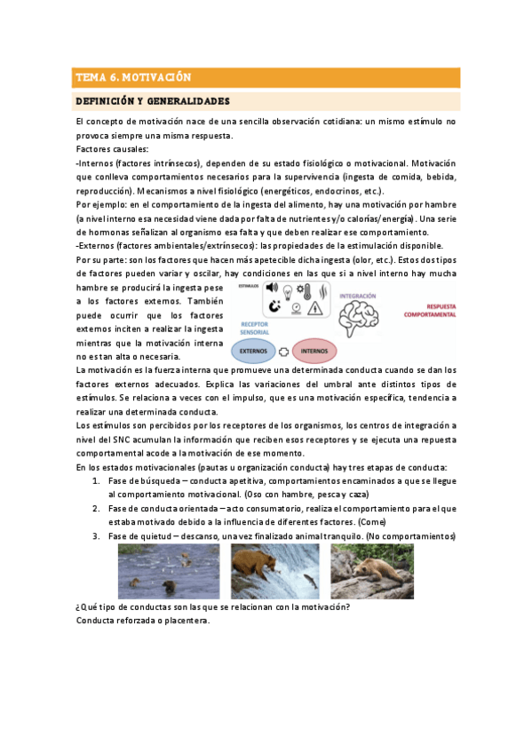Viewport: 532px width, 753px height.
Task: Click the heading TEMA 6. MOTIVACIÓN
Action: (x=133, y=76)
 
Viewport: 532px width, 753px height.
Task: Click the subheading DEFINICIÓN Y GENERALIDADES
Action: (x=153, y=100)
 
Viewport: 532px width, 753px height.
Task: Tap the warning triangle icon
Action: (x=314, y=307)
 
